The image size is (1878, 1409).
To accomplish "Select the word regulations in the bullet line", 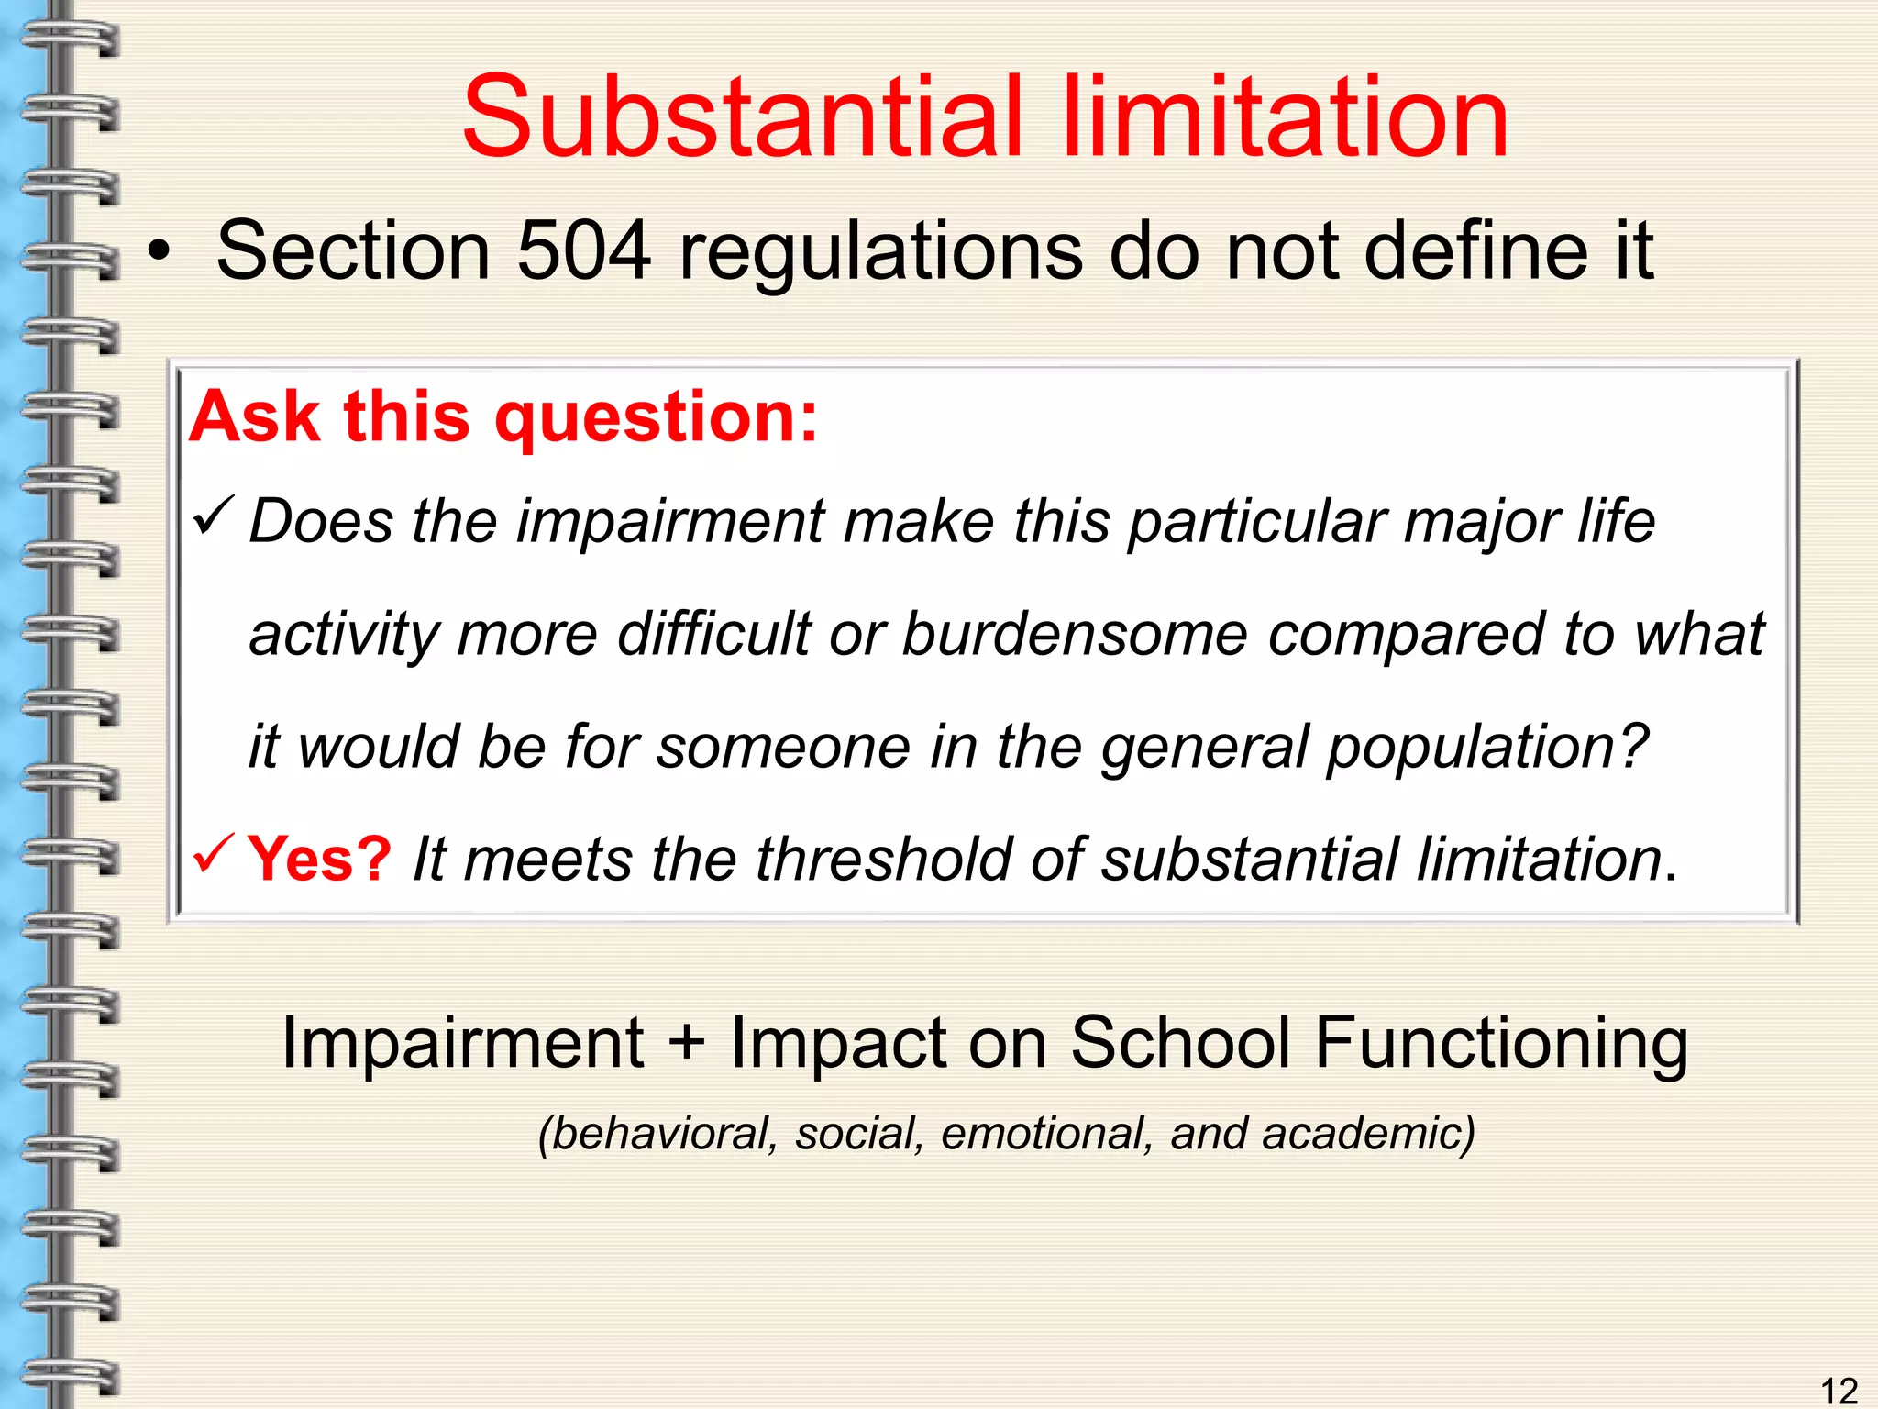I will pos(880,252).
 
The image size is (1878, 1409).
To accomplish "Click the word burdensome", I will pos(1075,634).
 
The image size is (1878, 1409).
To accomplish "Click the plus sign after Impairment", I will pos(687,1043).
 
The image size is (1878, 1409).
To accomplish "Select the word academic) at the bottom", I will pos(1367,1134).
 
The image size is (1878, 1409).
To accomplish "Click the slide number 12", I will pos(1838,1391).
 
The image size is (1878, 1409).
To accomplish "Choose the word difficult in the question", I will pos(714,634).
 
